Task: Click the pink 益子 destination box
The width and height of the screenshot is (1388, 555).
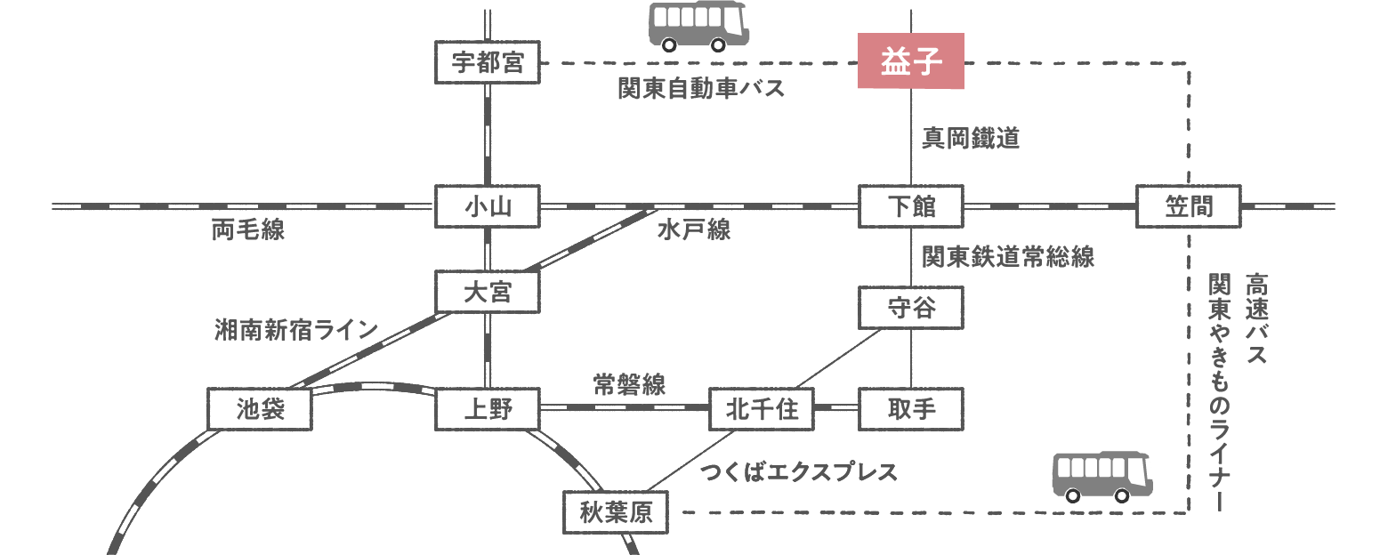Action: tap(910, 62)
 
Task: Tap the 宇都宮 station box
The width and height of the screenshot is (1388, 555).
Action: tap(488, 62)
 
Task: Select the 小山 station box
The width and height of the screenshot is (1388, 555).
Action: tap(488, 207)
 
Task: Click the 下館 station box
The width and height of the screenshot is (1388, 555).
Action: tap(911, 207)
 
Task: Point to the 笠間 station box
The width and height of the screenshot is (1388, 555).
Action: tap(1188, 207)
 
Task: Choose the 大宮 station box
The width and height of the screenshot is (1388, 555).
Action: tap(488, 293)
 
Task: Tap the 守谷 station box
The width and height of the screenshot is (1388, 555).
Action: tap(911, 308)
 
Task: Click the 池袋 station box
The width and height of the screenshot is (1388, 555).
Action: tap(260, 409)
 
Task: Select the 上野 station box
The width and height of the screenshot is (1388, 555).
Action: tap(488, 409)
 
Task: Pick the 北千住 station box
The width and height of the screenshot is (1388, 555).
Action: tap(762, 409)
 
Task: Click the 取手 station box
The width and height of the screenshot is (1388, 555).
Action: tap(911, 409)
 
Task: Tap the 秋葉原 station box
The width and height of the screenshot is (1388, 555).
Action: tap(615, 512)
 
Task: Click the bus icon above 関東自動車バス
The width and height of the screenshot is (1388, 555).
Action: tap(698, 26)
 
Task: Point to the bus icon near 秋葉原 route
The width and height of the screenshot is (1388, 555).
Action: tap(1102, 475)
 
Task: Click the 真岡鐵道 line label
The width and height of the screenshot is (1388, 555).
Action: tap(970, 138)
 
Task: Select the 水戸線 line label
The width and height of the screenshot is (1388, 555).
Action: tap(694, 230)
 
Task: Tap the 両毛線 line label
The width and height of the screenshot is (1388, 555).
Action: tap(248, 230)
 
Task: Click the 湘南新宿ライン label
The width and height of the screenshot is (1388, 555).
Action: tap(296, 330)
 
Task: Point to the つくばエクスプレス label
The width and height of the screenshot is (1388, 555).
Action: tap(798, 471)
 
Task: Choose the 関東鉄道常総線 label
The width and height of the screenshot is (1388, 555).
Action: tap(1007, 257)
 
